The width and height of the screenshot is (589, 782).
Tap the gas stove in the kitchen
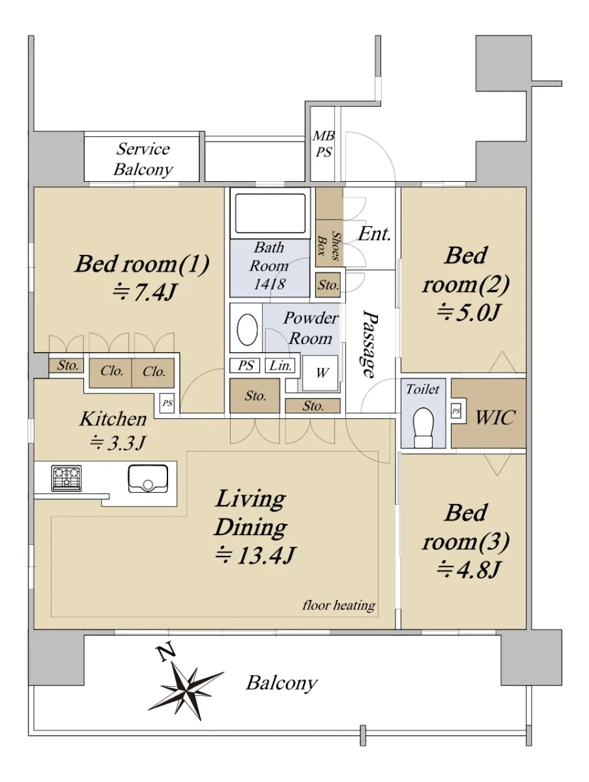coord(66,478)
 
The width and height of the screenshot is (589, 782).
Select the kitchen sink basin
coord(148,478)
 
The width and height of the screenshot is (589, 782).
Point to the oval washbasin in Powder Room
coord(247,329)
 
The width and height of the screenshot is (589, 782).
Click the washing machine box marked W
coord(320,373)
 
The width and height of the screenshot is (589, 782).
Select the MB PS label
coord(323,144)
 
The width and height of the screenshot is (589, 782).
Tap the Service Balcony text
coord(143,159)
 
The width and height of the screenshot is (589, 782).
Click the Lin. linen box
coord(280,365)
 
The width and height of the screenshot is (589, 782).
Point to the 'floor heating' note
coord(339,605)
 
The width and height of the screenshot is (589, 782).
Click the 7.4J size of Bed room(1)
coord(144,293)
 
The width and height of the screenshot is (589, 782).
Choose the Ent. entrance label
coord(375,234)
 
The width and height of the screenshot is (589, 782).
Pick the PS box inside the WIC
coord(456,411)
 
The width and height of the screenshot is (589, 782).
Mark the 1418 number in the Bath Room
coord(269,283)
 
